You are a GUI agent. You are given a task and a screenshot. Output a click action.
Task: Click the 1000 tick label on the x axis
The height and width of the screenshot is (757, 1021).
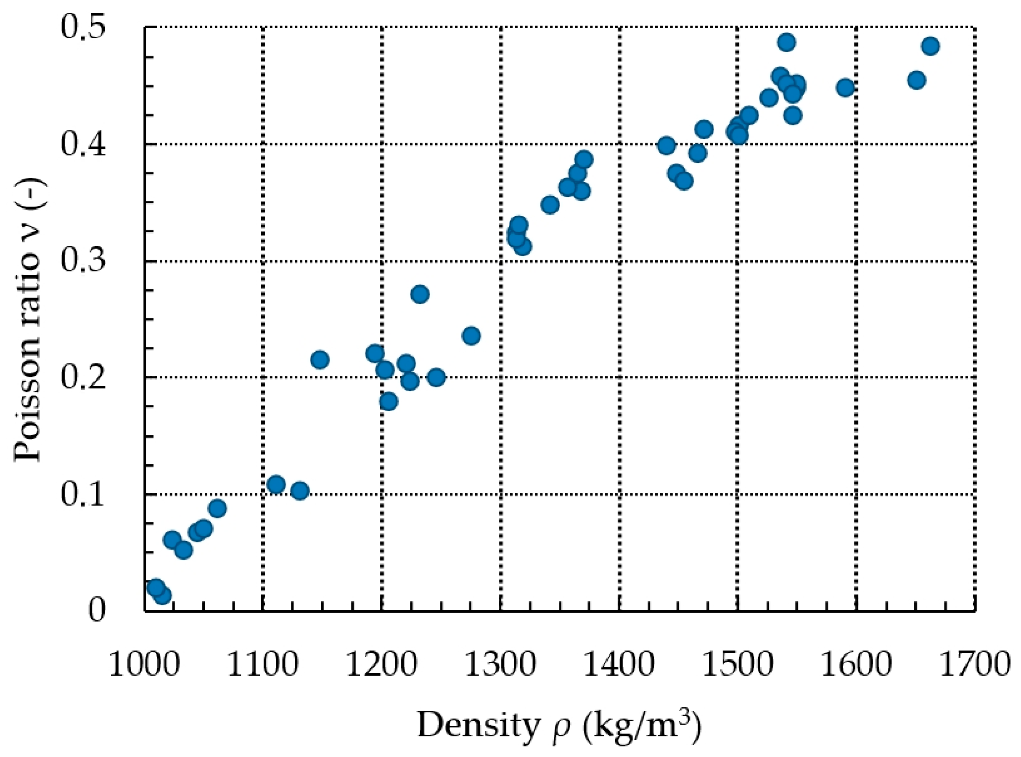(143, 665)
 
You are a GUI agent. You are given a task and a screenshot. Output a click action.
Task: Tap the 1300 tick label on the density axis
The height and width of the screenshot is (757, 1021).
(500, 665)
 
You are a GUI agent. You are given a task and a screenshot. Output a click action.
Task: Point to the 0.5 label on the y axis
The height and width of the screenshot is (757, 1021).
(83, 27)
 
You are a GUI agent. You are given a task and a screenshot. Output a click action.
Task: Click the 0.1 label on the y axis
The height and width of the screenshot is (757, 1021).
(83, 495)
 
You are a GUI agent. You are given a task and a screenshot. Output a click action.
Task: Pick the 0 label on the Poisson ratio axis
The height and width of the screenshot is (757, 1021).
(96, 611)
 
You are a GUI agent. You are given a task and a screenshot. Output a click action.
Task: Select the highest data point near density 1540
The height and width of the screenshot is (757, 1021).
(786, 42)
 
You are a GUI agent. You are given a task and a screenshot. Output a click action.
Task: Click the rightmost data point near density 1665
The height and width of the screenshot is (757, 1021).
(930, 46)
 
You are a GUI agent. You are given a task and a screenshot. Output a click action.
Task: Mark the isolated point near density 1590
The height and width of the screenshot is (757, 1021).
(845, 88)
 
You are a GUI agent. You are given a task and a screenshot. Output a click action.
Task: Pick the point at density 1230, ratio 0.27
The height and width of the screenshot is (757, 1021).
(420, 294)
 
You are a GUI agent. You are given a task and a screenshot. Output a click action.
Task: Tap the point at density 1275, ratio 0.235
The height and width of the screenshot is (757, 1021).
(471, 336)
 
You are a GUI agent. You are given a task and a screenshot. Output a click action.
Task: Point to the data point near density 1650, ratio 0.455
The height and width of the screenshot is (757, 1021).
(916, 81)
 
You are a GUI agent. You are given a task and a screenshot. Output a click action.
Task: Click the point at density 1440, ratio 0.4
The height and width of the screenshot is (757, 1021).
(666, 146)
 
